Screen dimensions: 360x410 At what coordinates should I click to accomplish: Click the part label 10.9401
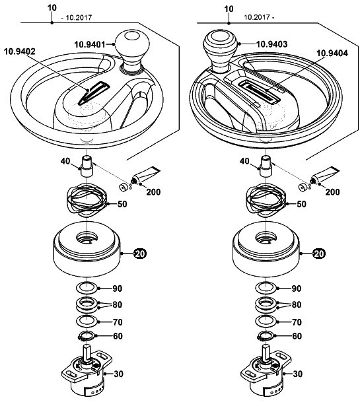point(89,44)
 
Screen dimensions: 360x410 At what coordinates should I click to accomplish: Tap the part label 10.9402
point(19,51)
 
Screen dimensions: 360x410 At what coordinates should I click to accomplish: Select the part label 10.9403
point(271,44)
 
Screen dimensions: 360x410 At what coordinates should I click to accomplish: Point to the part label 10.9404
point(332,53)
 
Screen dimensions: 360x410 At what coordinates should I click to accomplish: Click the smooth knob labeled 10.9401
point(132,51)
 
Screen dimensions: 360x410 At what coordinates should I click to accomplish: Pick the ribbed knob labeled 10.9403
point(220,51)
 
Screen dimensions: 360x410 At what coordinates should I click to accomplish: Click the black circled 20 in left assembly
point(140,254)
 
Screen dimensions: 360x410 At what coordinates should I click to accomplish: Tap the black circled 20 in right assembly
point(319,254)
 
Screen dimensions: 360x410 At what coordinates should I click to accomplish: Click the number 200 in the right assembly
point(332,192)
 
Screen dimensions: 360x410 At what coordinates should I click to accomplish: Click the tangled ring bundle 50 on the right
point(266,200)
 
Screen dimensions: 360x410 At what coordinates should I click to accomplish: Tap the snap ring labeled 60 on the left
point(86,336)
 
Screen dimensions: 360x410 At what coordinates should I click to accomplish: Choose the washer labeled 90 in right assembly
point(266,288)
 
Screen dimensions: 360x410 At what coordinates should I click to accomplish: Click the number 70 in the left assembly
point(118,322)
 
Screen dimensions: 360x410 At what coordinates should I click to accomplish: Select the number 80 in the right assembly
point(297,304)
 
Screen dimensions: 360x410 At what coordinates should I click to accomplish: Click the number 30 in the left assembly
point(118,374)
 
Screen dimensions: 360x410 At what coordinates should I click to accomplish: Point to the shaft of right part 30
point(266,353)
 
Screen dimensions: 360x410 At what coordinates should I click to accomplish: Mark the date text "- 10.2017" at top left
point(76,18)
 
